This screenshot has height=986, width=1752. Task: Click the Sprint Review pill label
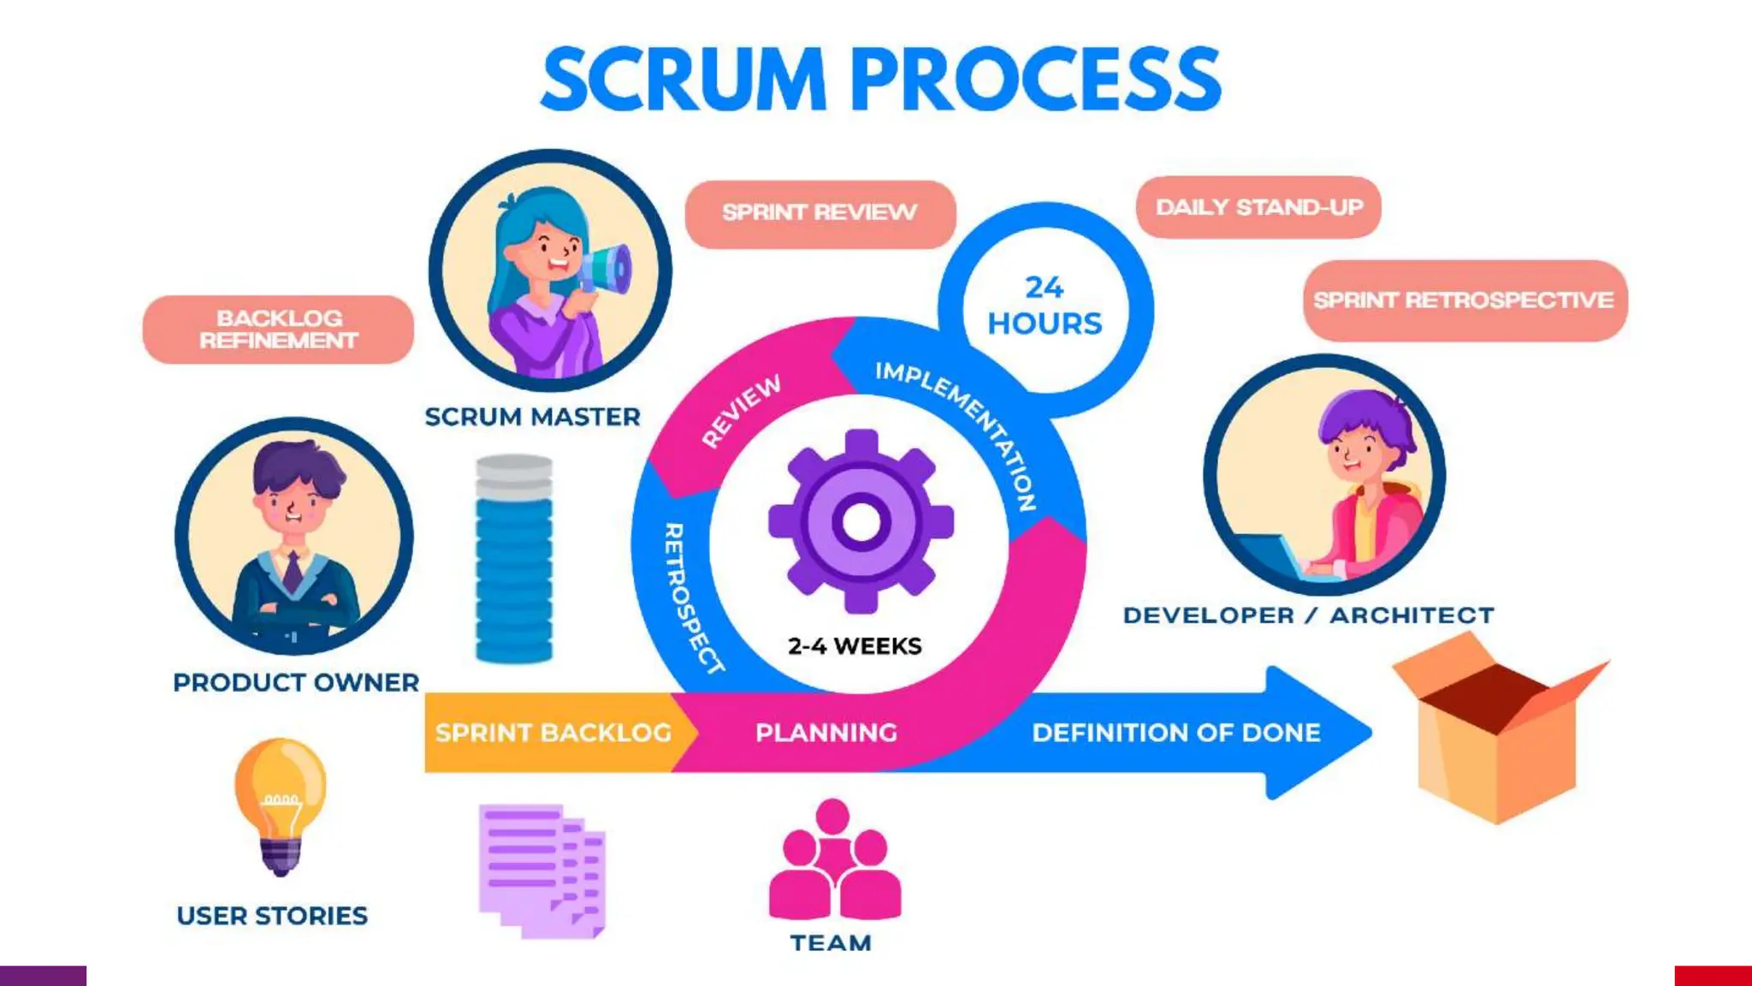click(820, 213)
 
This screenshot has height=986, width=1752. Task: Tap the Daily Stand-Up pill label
click(1258, 208)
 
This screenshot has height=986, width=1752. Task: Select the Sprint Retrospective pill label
click(1464, 300)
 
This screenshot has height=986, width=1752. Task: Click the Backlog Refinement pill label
click(278, 330)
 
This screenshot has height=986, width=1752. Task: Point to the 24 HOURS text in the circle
click(1045, 306)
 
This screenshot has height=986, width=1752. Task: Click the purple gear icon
click(861, 521)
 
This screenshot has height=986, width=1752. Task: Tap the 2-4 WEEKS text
click(855, 646)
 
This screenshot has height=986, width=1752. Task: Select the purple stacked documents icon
click(542, 870)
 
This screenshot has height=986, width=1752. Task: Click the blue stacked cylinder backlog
click(513, 561)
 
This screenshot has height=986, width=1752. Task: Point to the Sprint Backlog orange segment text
click(553, 734)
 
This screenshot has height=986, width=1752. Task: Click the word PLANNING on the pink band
click(826, 734)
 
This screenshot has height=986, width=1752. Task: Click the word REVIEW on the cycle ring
click(741, 411)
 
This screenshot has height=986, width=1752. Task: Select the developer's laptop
click(1270, 557)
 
